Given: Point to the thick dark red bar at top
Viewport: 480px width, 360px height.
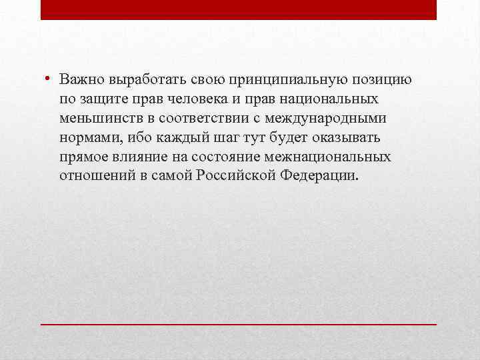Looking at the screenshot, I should tap(239, 9).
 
